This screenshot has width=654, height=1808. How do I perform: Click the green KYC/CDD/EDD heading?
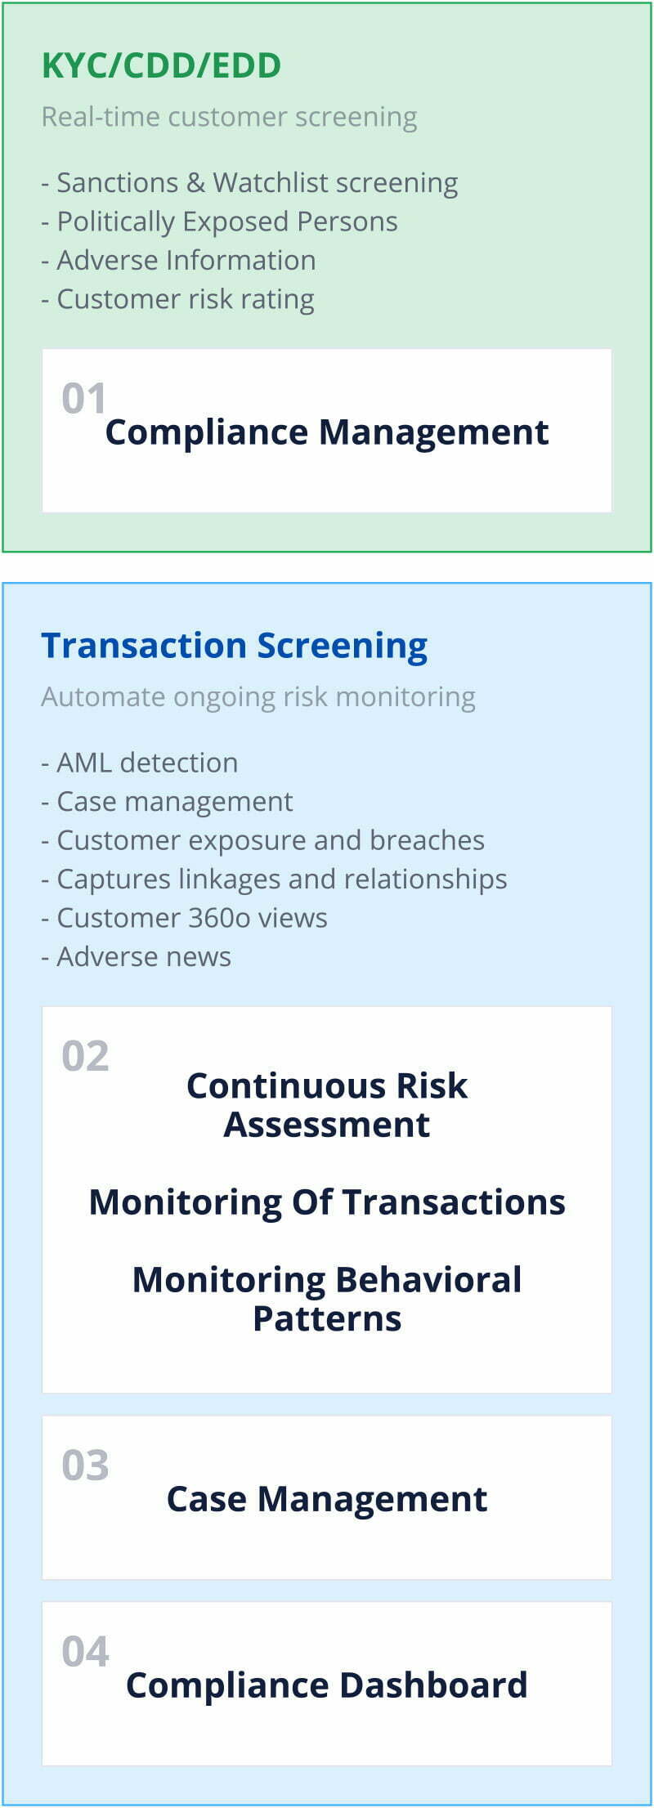[161, 65]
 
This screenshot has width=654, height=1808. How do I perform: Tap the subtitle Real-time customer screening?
[229, 117]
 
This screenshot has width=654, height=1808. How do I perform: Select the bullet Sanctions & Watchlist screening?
[249, 182]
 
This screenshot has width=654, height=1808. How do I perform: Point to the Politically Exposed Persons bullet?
[219, 222]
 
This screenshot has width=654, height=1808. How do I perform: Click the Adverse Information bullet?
[178, 260]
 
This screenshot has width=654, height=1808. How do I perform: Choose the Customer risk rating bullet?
[177, 299]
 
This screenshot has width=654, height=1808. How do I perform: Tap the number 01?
[84, 398]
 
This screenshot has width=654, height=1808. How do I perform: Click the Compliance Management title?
[327, 432]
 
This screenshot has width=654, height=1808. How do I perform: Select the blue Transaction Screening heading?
[235, 645]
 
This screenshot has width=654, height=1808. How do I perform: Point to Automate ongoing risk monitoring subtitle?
[258, 696]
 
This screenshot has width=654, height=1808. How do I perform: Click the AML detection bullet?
[140, 763]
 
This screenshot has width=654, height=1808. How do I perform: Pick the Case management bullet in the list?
[167, 802]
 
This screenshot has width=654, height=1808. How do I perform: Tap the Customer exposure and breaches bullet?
[262, 840]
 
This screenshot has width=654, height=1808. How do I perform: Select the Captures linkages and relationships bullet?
[274, 879]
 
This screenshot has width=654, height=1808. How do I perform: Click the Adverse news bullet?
[137, 956]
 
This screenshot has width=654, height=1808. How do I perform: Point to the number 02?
[85, 1056]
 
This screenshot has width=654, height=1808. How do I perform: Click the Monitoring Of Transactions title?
[327, 1202]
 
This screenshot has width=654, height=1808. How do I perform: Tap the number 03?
[85, 1466]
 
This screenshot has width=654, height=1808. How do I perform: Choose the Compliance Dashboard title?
[327, 1685]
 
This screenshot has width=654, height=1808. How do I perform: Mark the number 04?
[85, 1652]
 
